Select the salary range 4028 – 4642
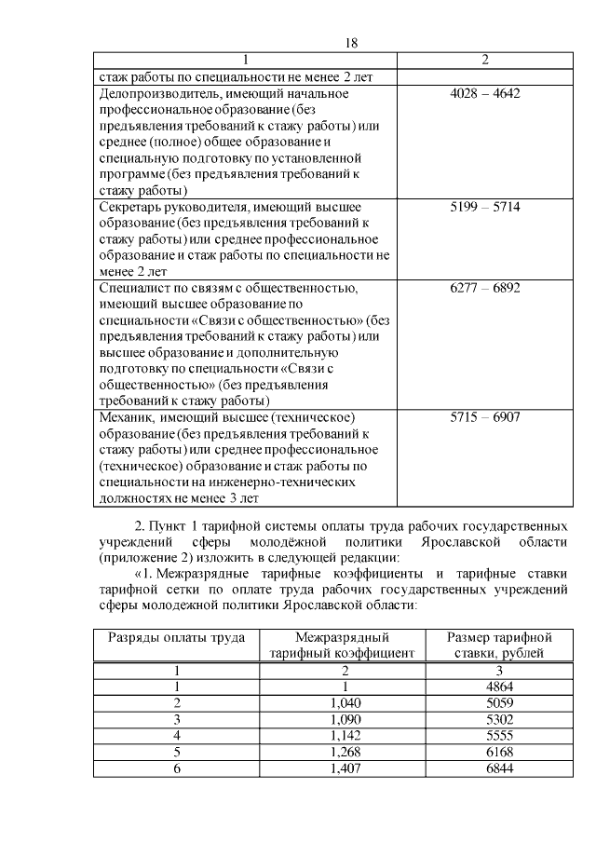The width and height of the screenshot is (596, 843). click(x=484, y=94)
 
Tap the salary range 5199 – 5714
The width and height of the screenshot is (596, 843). click(x=484, y=206)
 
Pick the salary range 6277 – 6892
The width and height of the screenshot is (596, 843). click(x=484, y=288)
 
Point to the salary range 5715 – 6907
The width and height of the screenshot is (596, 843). click(x=484, y=416)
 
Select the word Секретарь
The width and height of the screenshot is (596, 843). click(x=129, y=206)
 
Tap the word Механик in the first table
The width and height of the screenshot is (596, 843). click(x=127, y=416)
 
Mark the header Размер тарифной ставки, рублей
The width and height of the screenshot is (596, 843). click(x=499, y=646)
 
